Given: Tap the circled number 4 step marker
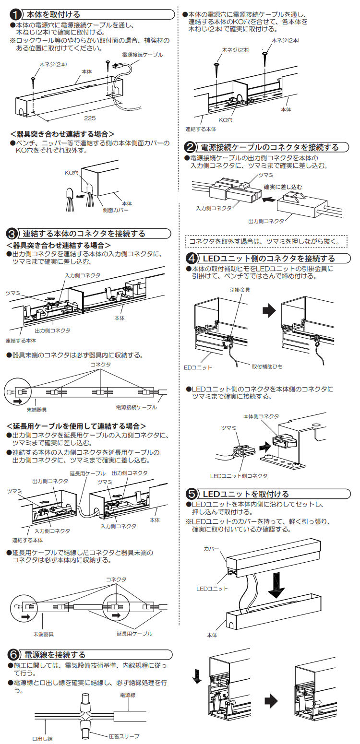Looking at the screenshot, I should pos(191,259).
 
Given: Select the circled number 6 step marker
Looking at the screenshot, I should pos(14,654).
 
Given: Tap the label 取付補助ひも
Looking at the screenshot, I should pos(267,366).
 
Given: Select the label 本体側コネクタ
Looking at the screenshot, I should pos(261,416).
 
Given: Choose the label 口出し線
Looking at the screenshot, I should pos(42,738).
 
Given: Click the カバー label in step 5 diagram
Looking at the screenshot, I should pos(211,548).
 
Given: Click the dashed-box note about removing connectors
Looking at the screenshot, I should pos(265,241).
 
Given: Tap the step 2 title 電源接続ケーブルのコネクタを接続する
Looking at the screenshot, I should pos(269,147).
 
